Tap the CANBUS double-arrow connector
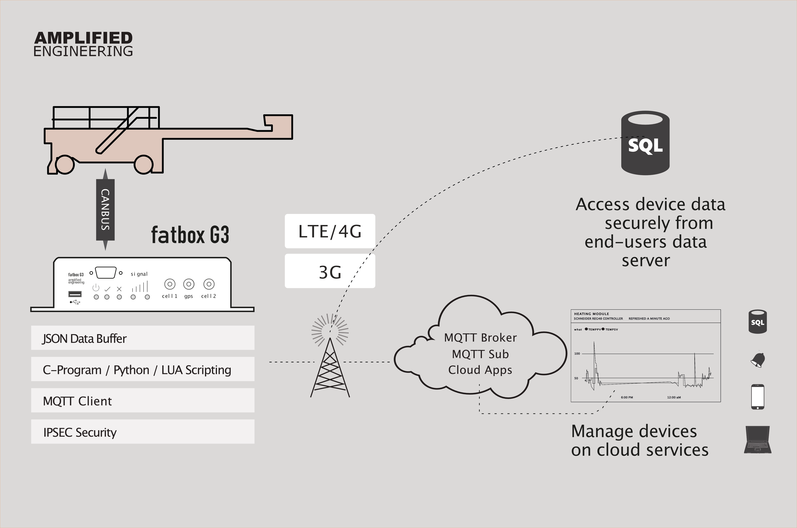[105, 210]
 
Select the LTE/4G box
[330, 231]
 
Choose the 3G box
[330, 271]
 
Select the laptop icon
[758, 439]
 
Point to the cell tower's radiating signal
[330, 329]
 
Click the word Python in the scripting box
[131, 370]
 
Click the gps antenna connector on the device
[188, 284]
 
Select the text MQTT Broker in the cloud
[480, 337]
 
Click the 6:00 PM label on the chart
[627, 397]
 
